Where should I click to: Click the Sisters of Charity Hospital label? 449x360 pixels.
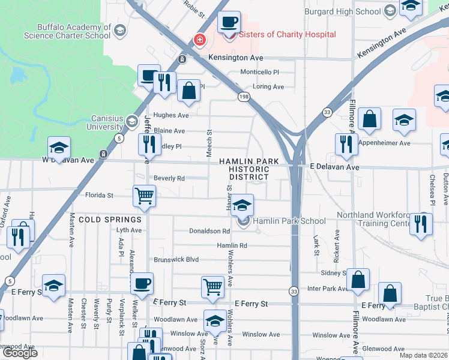coord(288,34)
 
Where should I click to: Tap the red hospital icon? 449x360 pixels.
coord(199,40)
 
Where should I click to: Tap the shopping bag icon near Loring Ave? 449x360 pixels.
coord(188,91)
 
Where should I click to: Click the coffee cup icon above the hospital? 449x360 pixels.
coord(229,23)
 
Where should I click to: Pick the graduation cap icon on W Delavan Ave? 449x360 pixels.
coord(59,148)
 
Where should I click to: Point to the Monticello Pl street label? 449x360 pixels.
coord(260,72)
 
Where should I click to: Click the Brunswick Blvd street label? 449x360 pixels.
coord(176,260)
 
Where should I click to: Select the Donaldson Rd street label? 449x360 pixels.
coord(209,231)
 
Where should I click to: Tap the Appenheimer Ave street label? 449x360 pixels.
coord(384,143)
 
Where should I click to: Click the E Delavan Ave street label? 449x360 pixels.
coord(334,167)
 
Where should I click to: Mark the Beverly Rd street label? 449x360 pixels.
coord(169,178)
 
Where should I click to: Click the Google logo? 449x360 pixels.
coord(20,353)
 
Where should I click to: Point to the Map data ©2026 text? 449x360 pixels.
coord(423,355)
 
